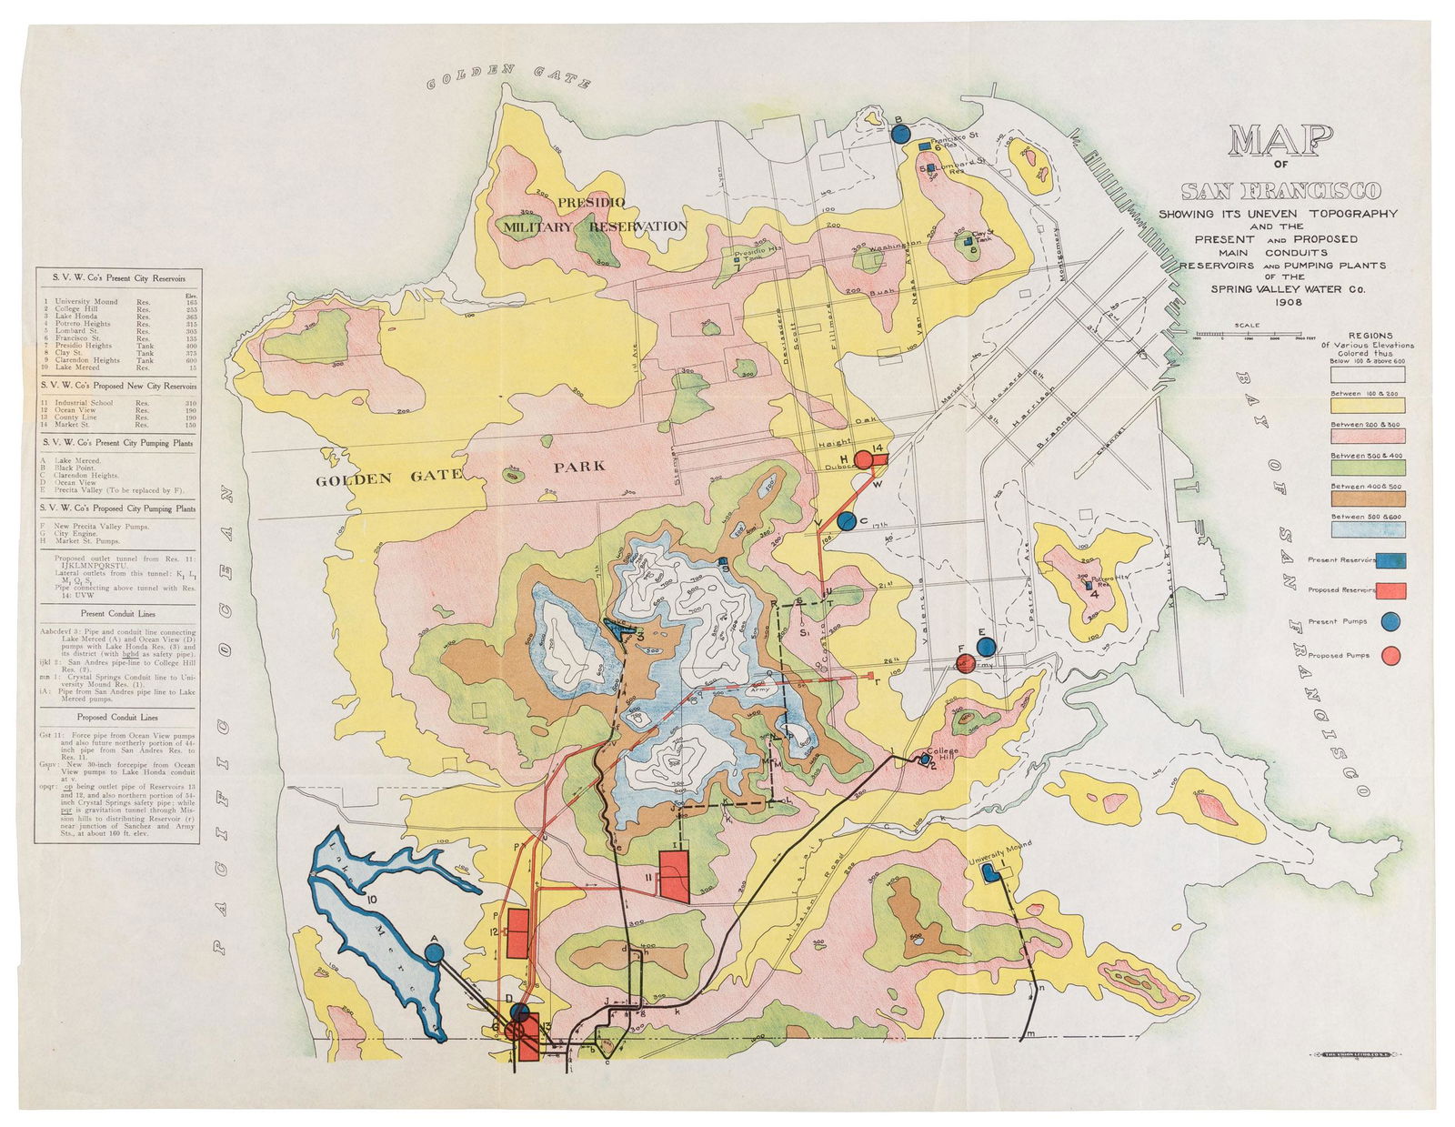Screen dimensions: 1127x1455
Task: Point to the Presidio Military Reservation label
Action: [x=596, y=215]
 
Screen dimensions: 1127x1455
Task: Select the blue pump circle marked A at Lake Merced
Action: [x=434, y=952]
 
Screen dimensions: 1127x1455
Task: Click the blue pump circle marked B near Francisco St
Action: [x=899, y=134]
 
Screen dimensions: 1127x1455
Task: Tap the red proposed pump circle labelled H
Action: [x=863, y=459]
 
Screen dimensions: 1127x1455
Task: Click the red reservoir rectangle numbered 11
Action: [x=674, y=874]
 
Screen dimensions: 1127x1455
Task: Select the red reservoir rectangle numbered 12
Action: [x=517, y=933]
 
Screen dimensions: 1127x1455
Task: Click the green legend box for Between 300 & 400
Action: [x=1368, y=468]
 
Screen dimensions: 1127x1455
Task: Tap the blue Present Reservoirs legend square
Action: [x=1391, y=560]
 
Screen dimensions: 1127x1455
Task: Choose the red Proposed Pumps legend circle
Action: [x=1390, y=655]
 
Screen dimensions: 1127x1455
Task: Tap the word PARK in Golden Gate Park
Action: [x=579, y=467]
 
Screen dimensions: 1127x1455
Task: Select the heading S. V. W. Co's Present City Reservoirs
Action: [x=118, y=277]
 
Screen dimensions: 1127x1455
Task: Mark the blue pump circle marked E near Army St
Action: [x=985, y=647]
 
